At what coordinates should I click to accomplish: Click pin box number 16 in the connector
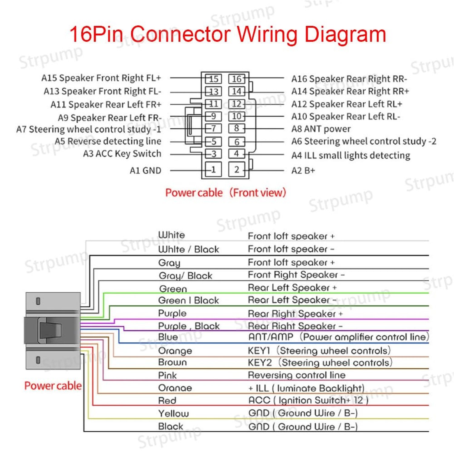click(x=236, y=79)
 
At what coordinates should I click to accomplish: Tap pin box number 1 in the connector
click(x=213, y=169)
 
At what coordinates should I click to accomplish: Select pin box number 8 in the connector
click(x=236, y=128)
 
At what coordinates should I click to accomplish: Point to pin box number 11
click(x=213, y=104)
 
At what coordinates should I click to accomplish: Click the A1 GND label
click(x=146, y=171)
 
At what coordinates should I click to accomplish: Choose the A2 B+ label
click(x=303, y=171)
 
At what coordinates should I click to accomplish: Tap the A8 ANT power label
click(x=321, y=129)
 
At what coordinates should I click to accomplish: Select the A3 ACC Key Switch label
click(x=122, y=154)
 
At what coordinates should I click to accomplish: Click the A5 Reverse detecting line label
click(x=108, y=141)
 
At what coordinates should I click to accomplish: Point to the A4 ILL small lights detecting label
click(x=350, y=156)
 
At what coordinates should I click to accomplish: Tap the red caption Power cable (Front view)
click(x=225, y=193)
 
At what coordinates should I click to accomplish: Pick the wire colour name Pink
click(x=167, y=375)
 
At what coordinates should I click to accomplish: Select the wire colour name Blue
click(x=168, y=337)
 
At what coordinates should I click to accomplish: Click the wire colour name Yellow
click(x=173, y=413)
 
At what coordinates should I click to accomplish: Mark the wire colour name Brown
click(x=172, y=362)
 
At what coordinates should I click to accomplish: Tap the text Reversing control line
click(x=297, y=375)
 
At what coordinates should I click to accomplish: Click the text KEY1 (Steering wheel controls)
click(x=319, y=350)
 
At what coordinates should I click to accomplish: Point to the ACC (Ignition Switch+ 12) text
click(x=308, y=400)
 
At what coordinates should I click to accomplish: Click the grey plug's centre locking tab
click(x=50, y=330)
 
